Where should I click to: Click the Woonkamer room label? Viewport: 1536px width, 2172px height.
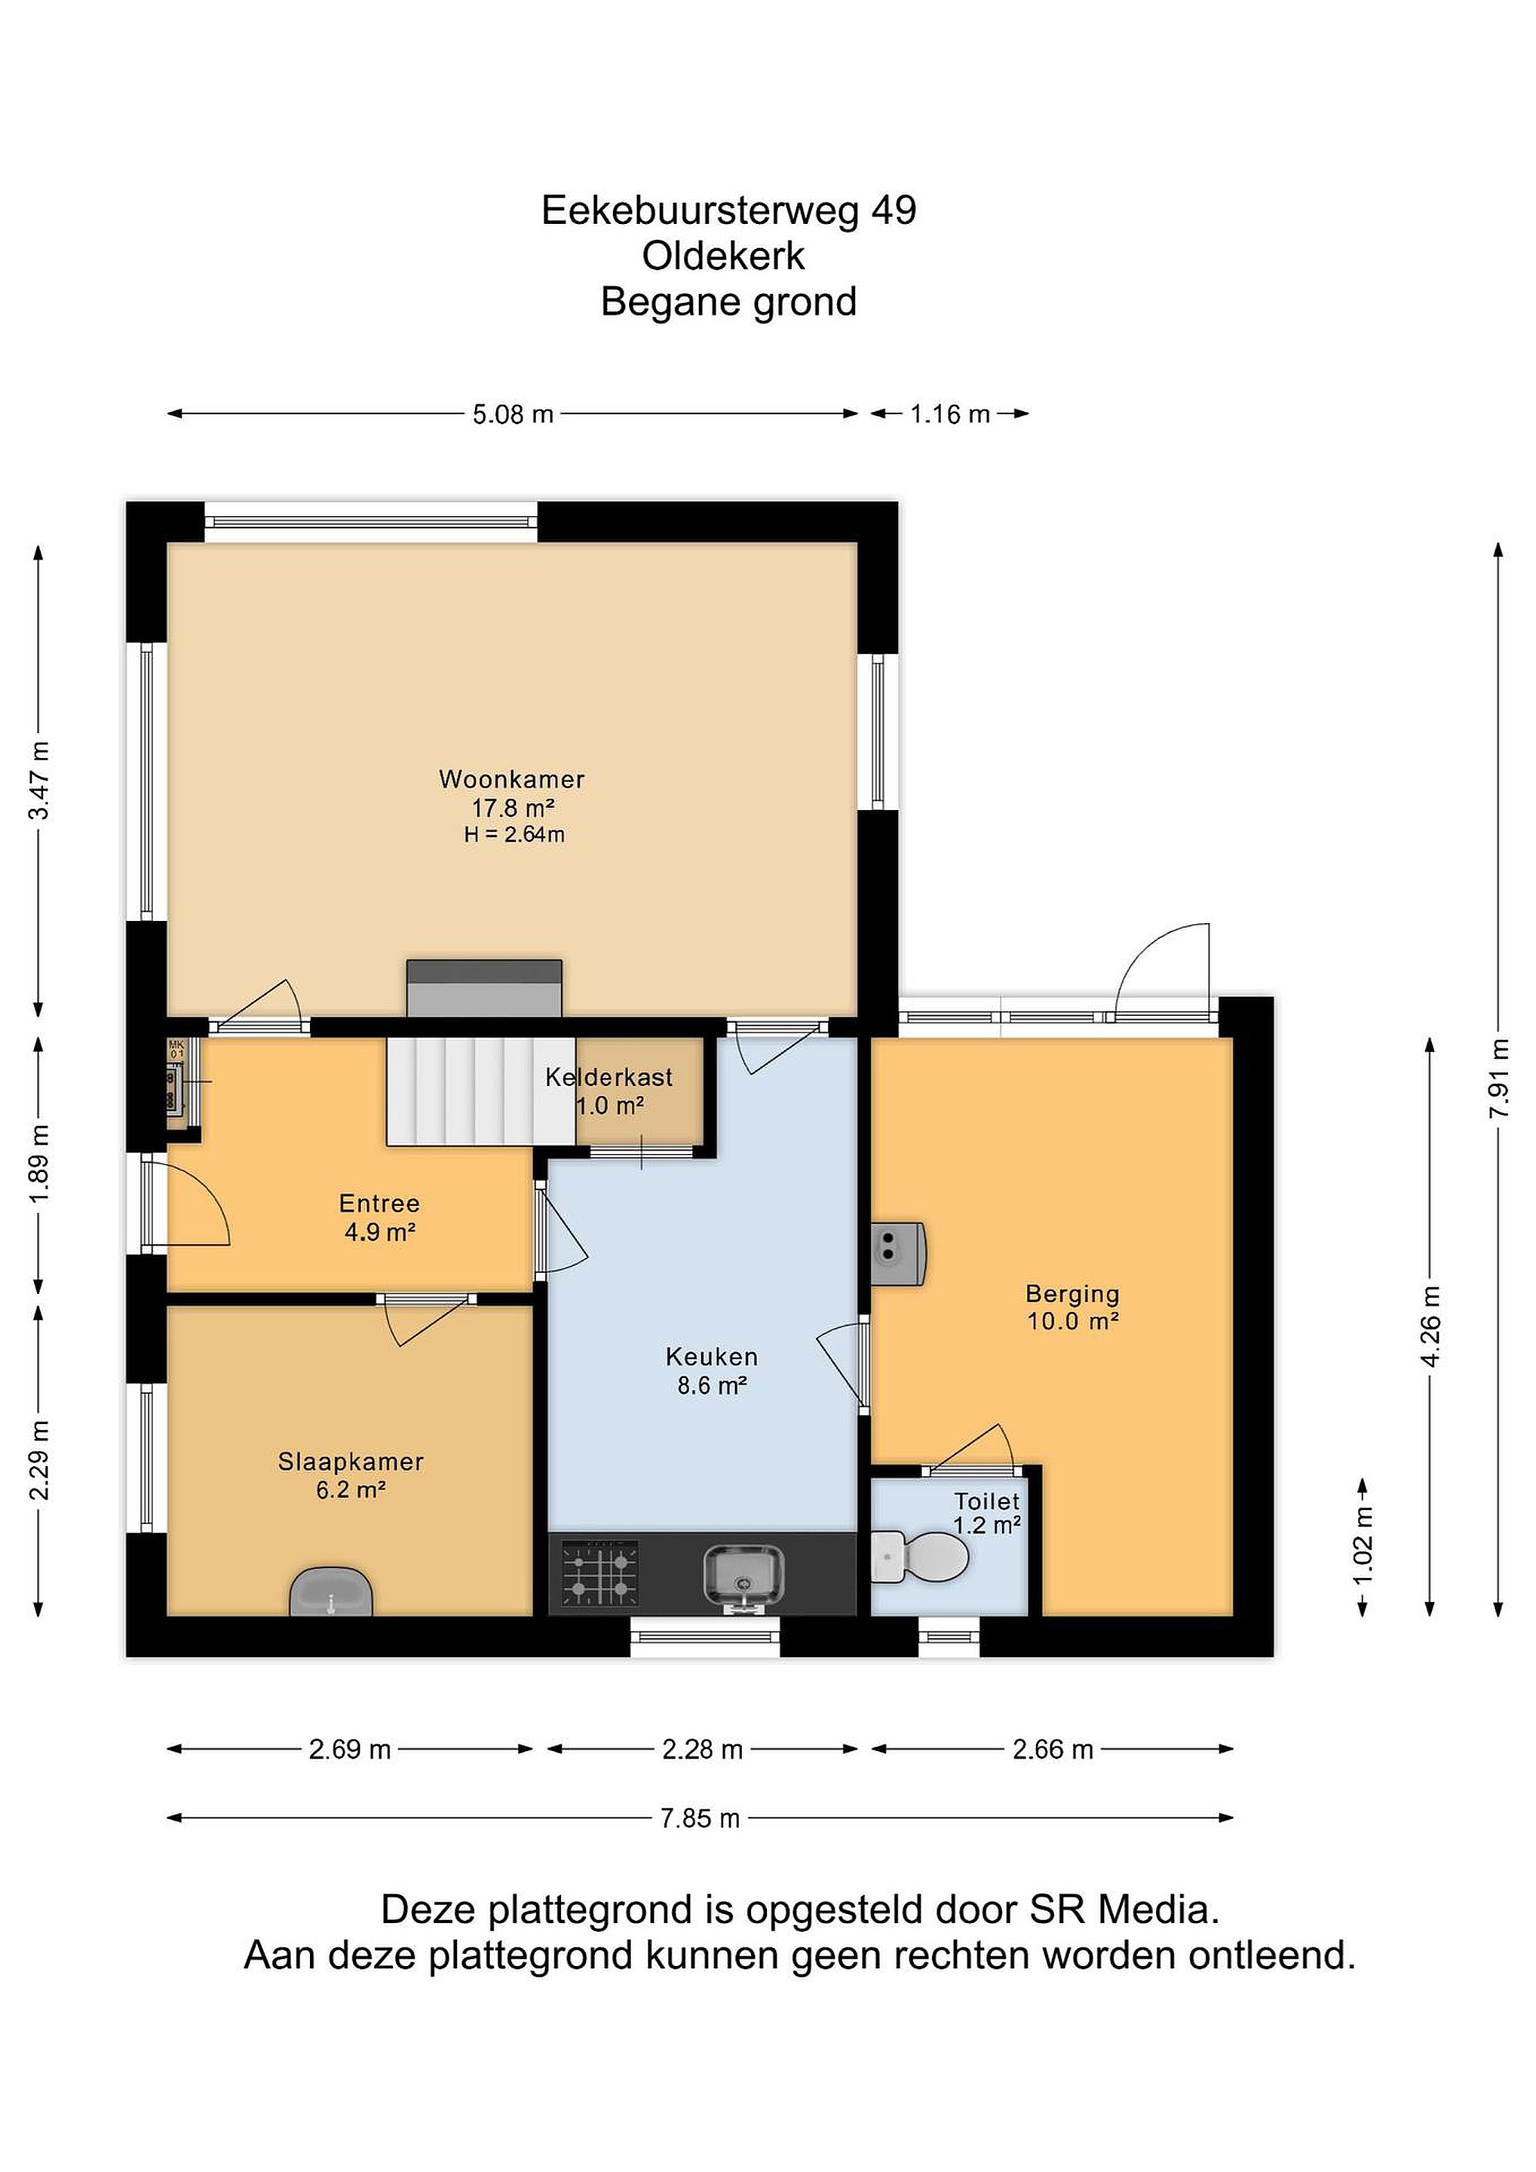pos(512,780)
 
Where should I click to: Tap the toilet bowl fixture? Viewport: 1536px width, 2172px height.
pos(919,1556)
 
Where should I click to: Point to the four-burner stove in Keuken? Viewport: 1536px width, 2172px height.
pos(599,1573)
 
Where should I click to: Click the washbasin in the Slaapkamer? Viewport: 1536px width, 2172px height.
pos(331,1592)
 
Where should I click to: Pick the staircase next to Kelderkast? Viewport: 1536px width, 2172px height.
pos(480,1092)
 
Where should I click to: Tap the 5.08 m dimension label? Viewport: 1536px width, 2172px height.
pos(513,414)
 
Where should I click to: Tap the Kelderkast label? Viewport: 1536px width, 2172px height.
pos(609,1076)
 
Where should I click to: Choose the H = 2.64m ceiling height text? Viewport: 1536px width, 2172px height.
pos(514,834)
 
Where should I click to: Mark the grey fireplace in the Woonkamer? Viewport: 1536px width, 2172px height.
pos(484,989)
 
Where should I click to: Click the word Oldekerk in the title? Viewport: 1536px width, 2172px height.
pos(724,256)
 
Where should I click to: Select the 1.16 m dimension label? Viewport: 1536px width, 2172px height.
pos(949,414)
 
